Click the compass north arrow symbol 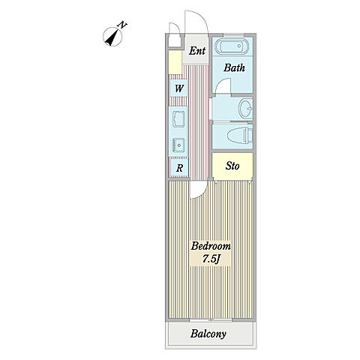pyautogui.click(x=112, y=37)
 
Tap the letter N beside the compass pyautogui.click(x=122, y=25)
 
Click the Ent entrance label pyautogui.click(x=197, y=51)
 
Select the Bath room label pyautogui.click(x=234, y=67)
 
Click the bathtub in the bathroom pyautogui.click(x=232, y=46)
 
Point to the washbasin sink pyautogui.click(x=245, y=108)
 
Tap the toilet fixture pyautogui.click(x=240, y=136)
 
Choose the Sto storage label pyautogui.click(x=232, y=166)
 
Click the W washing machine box pyautogui.click(x=178, y=88)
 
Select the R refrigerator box pyautogui.click(x=179, y=168)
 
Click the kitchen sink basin pyautogui.click(x=178, y=119)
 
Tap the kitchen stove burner pyautogui.click(x=178, y=145)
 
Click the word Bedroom pyautogui.click(x=211, y=246)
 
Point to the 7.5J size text pyautogui.click(x=211, y=259)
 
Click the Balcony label pyautogui.click(x=208, y=334)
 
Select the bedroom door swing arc pyautogui.click(x=201, y=194)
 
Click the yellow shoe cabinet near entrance pyautogui.click(x=175, y=62)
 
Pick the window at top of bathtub pyautogui.click(x=233, y=34)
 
